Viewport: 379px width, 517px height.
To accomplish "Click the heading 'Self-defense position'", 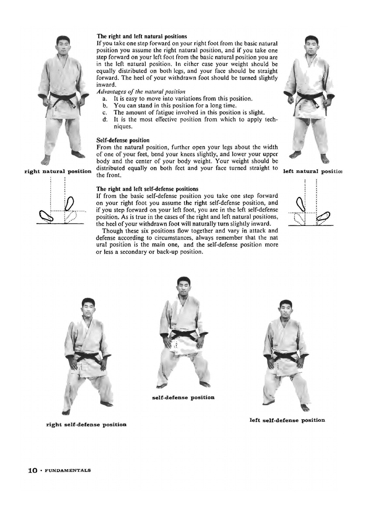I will [123, 140].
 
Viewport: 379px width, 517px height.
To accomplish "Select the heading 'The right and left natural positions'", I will [141, 36].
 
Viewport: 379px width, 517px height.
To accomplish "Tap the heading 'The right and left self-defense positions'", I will [147, 189].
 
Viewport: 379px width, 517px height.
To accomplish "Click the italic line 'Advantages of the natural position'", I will [141, 92].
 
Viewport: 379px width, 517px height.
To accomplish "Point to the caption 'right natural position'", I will [58, 171].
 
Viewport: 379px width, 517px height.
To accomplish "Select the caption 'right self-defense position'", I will [86, 425].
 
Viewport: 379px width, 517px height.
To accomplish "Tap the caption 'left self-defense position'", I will [287, 420].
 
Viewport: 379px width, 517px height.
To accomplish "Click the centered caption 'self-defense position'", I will [183, 397].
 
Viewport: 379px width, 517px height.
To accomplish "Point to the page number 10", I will [33, 470].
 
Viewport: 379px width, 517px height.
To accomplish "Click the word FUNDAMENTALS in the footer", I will [68, 470].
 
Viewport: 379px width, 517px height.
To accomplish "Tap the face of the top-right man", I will [312, 45].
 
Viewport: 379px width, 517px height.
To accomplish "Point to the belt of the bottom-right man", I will [286, 356].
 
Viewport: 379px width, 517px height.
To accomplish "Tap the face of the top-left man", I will [63, 45].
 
